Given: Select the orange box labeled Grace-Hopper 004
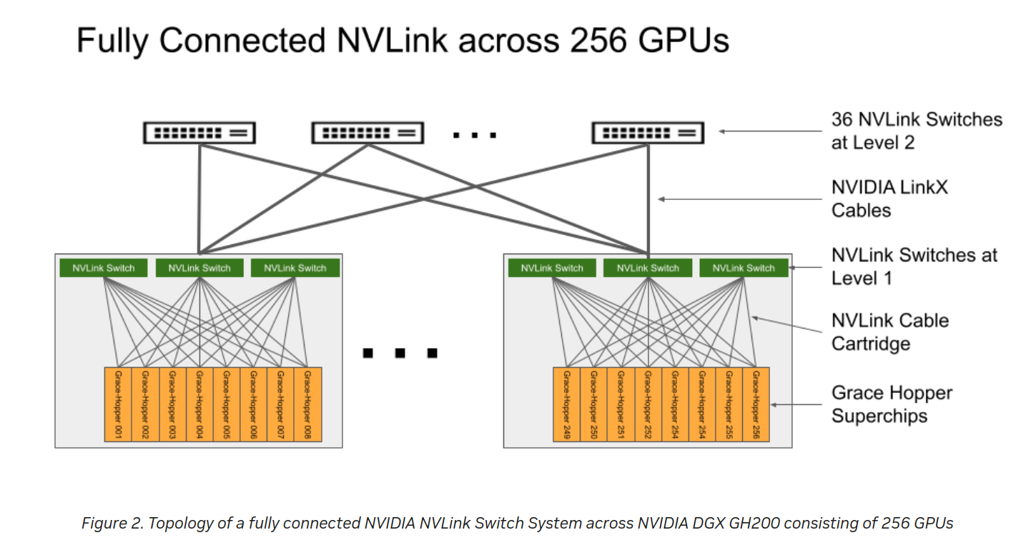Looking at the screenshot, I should click(199, 404).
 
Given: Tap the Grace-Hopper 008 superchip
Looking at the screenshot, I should click(307, 404).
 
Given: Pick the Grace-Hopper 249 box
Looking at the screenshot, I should click(566, 404).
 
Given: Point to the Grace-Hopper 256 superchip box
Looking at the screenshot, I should click(756, 404).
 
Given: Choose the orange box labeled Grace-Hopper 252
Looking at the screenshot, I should click(648, 404).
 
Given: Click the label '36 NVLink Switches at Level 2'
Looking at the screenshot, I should click(916, 131).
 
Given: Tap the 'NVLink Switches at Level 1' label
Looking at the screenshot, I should click(914, 266).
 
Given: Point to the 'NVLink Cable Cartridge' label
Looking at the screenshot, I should click(889, 332).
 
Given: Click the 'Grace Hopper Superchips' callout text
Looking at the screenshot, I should click(891, 404).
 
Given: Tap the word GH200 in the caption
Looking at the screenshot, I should click(768, 524).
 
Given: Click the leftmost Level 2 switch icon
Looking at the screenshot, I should click(199, 133).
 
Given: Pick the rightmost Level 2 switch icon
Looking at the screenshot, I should click(648, 133).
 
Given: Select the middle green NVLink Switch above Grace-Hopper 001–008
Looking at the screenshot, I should click(199, 269).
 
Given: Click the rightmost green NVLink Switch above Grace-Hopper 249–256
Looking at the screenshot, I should click(744, 269).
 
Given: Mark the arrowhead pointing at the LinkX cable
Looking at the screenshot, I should click(662, 199).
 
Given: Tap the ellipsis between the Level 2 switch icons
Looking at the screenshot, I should click(474, 134).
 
